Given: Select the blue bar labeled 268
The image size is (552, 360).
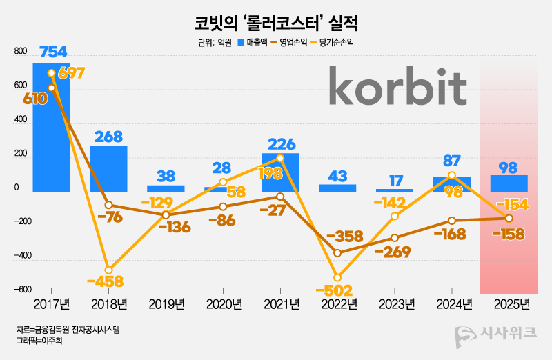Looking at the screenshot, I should click(108, 168).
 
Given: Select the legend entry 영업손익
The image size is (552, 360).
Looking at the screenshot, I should click(293, 43).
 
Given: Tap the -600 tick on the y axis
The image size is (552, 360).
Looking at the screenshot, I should click(22, 290).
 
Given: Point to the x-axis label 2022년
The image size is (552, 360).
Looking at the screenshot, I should click(337, 304).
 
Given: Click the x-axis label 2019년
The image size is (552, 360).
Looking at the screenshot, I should click(166, 304).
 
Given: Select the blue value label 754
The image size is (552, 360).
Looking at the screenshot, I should click(53, 52).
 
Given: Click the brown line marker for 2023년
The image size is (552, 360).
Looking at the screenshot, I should click(395, 238).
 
